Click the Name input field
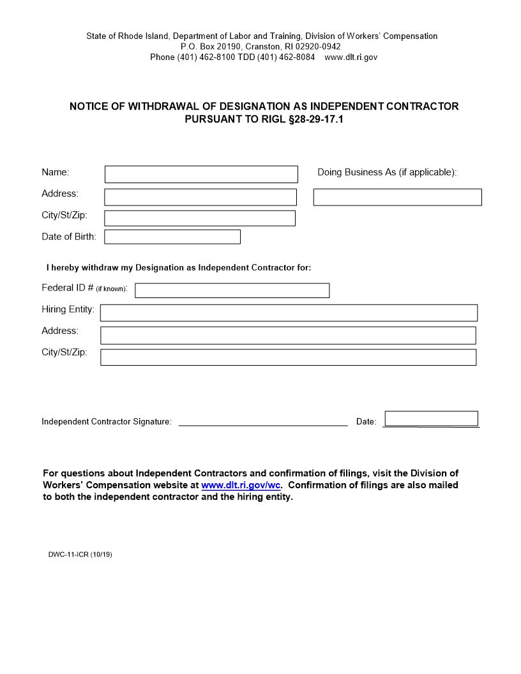(x=201, y=174)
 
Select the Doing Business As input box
(x=397, y=197)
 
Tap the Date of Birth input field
(x=172, y=237)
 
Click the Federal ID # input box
(x=232, y=290)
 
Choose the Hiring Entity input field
(x=289, y=313)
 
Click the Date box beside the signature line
(x=432, y=419)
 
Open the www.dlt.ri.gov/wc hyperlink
(x=241, y=485)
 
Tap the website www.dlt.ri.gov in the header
(x=351, y=57)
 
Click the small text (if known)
(x=112, y=289)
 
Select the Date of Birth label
(x=69, y=237)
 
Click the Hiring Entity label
(x=68, y=310)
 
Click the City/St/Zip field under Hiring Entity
(x=289, y=357)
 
